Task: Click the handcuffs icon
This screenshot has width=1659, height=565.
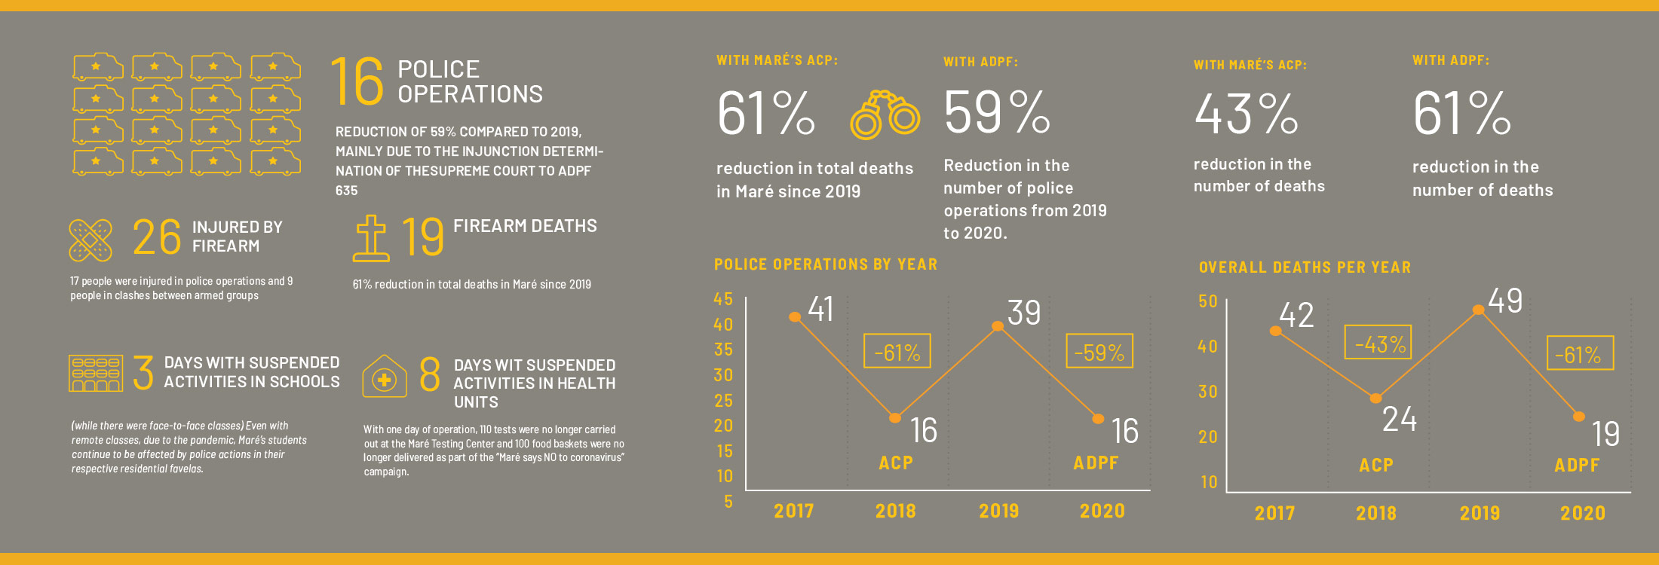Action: coord(885,115)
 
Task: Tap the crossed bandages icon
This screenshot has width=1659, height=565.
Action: coord(90,240)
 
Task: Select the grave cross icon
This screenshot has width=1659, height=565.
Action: coord(371,238)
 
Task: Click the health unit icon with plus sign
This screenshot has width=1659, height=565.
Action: coord(385,376)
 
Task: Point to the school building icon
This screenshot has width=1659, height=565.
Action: coord(96,374)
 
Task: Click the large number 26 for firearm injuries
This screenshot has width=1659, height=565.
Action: coord(157,237)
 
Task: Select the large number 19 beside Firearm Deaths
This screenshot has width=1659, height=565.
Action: coord(422,237)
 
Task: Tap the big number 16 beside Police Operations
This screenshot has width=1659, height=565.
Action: coord(357,81)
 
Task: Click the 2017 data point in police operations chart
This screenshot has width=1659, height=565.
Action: coord(794,317)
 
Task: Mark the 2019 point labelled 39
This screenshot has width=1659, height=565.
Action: coord(998,326)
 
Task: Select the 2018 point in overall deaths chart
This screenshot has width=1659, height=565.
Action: coord(1376,398)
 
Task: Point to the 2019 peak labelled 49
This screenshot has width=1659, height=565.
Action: coord(1479,310)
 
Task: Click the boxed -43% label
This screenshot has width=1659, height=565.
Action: coord(1378,343)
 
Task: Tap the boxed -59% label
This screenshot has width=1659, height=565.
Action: coord(1099,351)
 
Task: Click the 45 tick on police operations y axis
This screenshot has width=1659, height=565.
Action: coord(723,299)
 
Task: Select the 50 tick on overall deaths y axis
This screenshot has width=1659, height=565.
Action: coord(1208,301)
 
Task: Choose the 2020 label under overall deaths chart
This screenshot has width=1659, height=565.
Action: coord(1583,513)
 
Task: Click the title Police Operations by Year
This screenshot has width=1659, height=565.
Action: coord(826,264)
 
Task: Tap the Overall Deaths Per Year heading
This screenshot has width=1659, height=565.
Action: coord(1305,267)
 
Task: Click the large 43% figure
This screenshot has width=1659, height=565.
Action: coord(1246,115)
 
